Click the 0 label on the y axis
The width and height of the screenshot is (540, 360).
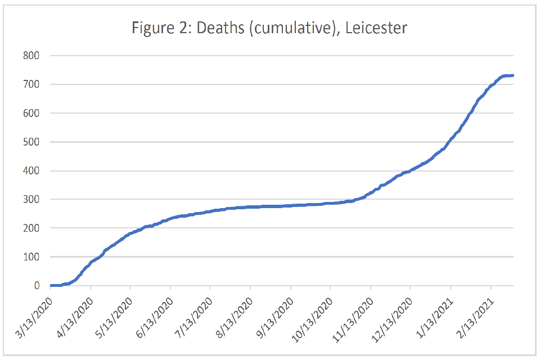tap(37, 286)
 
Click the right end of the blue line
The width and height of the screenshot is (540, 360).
tap(513, 75)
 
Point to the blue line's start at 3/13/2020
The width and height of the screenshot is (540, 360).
tap(51, 285)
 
